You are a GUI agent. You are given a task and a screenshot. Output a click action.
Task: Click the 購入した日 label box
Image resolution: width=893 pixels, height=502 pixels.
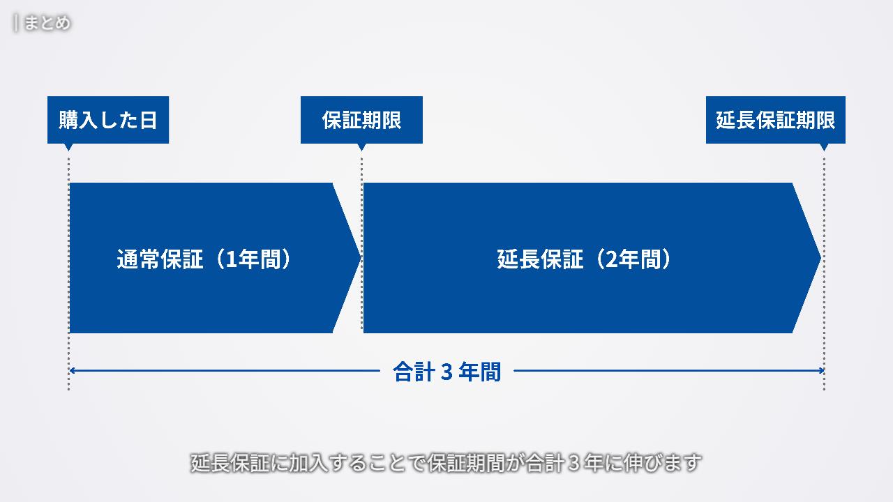108,120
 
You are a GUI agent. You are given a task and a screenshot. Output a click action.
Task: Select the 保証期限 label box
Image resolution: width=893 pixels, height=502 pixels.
361,120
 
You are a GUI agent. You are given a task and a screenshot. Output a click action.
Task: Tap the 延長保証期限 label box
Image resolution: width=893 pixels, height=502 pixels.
775,120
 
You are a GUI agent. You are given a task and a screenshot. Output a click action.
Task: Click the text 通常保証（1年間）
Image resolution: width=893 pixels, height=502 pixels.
203,259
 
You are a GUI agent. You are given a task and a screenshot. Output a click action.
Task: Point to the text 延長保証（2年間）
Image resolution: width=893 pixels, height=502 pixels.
585,259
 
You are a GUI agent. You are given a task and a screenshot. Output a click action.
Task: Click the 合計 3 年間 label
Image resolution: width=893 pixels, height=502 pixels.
446,372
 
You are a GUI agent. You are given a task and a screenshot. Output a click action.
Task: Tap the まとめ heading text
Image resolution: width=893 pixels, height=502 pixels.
47,23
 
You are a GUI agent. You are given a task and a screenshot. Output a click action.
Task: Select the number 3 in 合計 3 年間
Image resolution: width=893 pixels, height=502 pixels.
447,372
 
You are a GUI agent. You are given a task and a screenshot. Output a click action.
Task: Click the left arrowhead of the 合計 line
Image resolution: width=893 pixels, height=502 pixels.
72,371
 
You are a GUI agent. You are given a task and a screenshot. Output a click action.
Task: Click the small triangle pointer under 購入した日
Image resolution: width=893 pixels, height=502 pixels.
68,146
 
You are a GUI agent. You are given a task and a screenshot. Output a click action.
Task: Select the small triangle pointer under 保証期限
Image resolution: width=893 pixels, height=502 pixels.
361,146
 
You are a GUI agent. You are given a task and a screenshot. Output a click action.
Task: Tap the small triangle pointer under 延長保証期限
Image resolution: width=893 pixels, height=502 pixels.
824,146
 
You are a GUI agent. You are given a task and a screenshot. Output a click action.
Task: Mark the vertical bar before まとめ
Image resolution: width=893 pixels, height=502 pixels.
15,23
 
